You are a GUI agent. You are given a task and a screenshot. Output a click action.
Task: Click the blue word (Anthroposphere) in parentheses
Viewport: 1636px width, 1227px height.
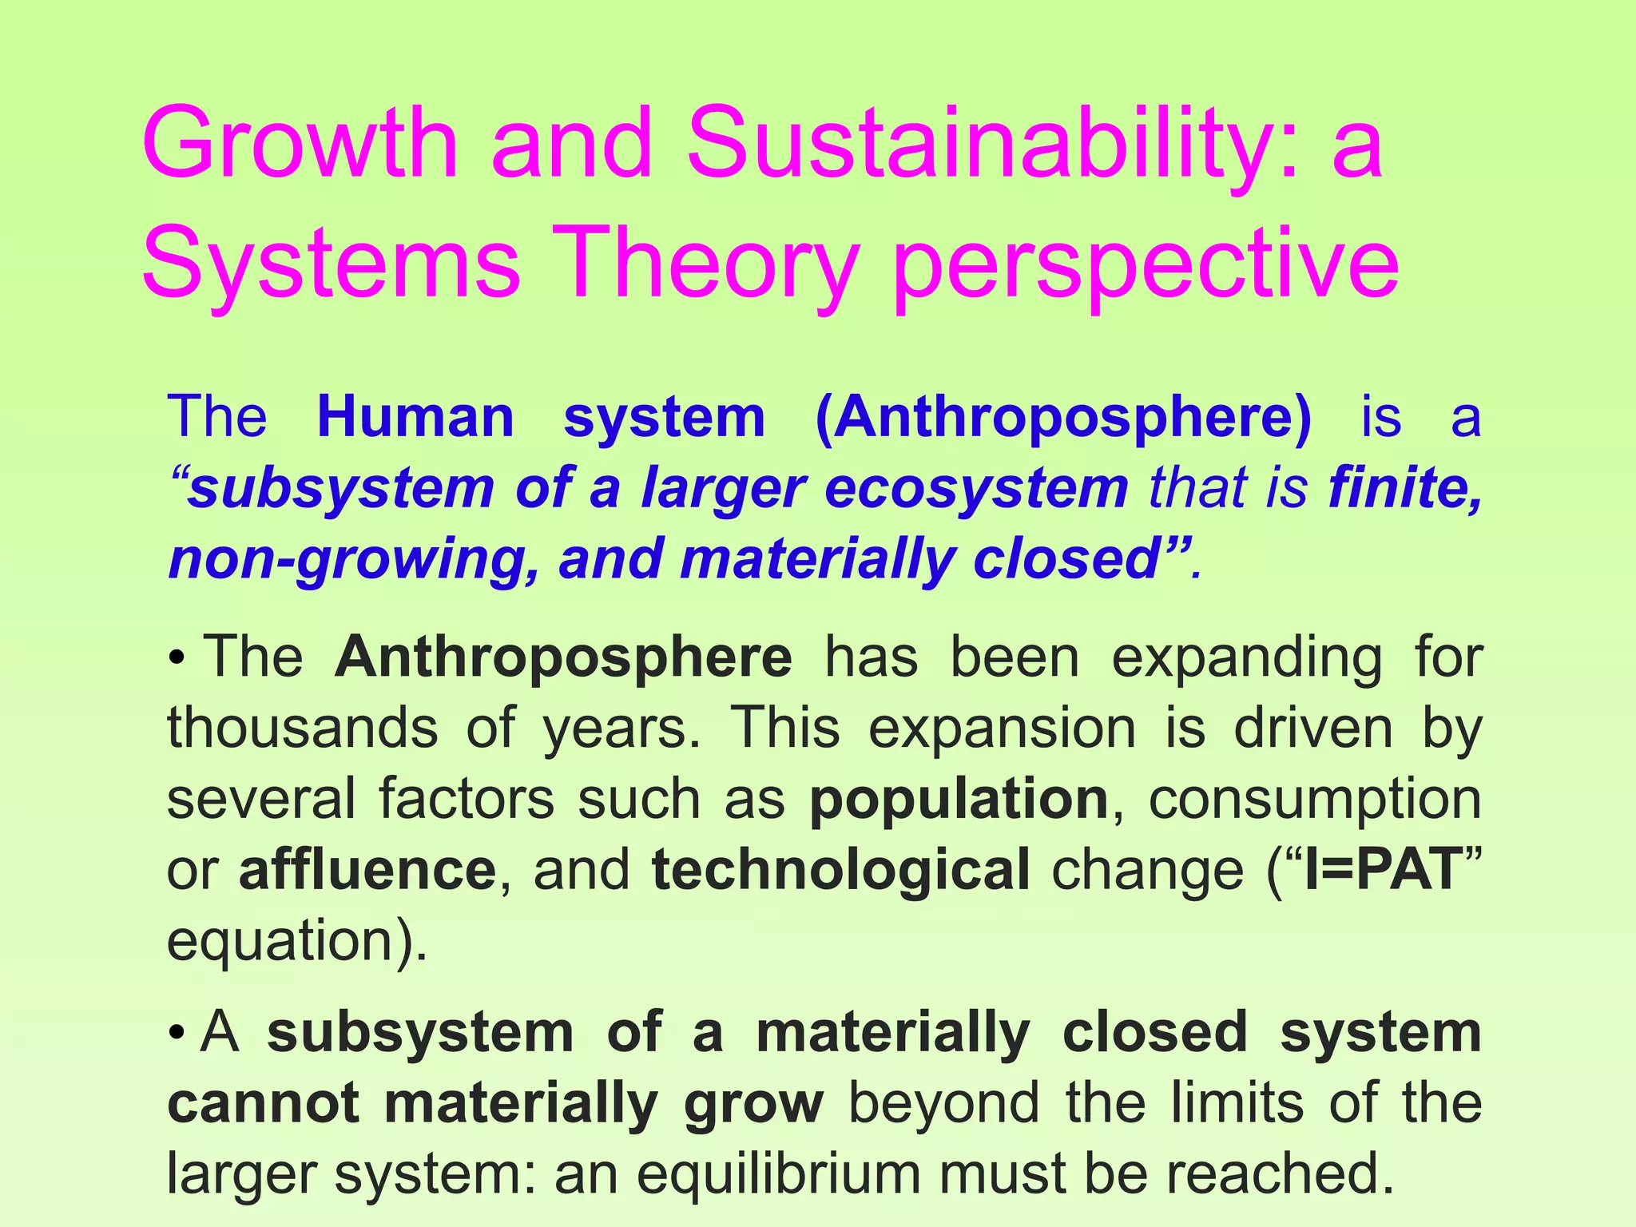click(1062, 419)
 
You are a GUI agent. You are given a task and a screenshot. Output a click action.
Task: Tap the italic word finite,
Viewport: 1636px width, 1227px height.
click(1404, 488)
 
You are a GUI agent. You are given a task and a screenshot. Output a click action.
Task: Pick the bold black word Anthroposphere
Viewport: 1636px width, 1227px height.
click(563, 658)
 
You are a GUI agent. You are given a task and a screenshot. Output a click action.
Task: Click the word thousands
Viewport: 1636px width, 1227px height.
click(302, 728)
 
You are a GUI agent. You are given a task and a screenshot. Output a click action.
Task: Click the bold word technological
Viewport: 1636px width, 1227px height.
click(840, 870)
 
